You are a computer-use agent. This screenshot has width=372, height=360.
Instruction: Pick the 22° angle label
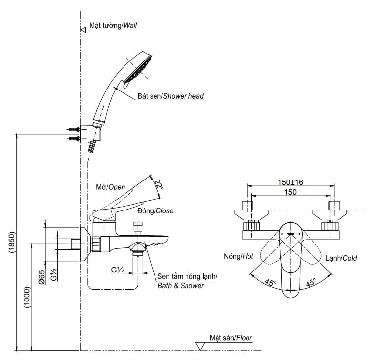(157, 185)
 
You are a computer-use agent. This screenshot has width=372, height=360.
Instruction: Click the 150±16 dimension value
(290, 182)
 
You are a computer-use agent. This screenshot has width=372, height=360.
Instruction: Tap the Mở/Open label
(111, 187)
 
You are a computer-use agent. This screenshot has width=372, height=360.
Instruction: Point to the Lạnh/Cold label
(341, 258)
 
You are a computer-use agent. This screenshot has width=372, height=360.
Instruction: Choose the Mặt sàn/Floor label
(231, 338)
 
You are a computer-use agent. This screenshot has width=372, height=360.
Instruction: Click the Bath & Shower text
(181, 286)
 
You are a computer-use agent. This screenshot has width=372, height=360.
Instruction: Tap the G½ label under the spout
(117, 270)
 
